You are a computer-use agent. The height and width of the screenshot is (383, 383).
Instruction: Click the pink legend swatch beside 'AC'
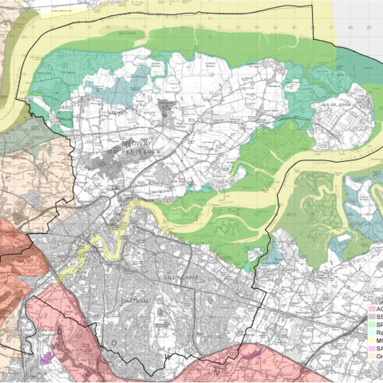tap(371, 308)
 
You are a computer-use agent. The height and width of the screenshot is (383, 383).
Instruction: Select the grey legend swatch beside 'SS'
tap(371, 318)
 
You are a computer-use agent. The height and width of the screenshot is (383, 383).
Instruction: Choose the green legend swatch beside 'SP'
tap(371, 327)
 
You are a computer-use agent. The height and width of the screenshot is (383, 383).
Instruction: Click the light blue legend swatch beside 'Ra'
tap(371, 337)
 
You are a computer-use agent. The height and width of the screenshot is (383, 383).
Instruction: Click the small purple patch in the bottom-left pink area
tap(45, 358)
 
